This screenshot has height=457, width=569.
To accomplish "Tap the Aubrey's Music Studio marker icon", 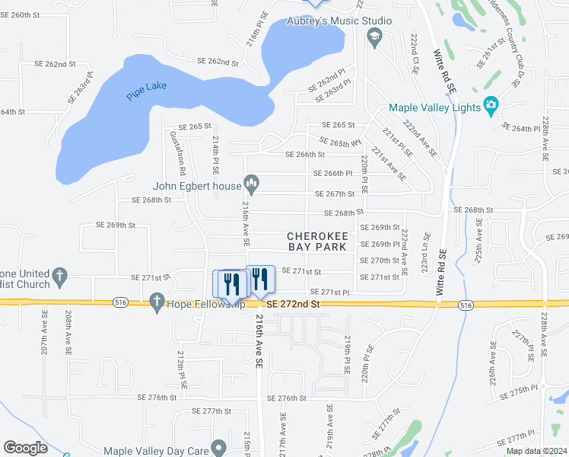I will (x=374, y=36).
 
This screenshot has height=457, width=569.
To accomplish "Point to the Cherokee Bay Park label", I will (x=316, y=241).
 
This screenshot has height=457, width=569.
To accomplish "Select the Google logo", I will (x=25, y=448).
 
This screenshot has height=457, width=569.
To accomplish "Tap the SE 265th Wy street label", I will (x=340, y=142).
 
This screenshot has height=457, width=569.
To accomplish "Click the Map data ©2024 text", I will (x=536, y=451).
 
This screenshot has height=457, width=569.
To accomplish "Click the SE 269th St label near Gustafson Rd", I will (x=116, y=225).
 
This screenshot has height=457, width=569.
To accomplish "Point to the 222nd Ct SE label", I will (x=415, y=53).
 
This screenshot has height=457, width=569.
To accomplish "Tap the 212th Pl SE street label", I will (x=182, y=366).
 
